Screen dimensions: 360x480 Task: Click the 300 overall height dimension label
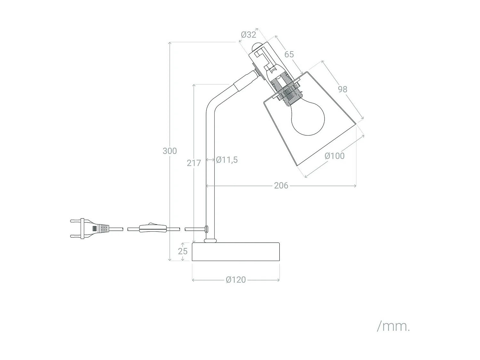coord(170,151)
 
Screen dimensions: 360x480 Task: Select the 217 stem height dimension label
coord(194,163)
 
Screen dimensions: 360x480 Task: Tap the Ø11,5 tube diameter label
coord(227,160)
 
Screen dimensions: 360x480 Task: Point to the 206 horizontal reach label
coord(281,186)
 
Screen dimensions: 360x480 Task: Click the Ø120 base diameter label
coord(236,280)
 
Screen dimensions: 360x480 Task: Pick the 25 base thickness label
coord(183,251)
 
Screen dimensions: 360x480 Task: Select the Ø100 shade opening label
coord(334,156)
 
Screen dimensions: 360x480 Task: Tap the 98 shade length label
coord(342,89)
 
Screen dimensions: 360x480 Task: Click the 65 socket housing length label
coord(289,54)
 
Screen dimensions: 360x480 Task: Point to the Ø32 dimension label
coord(249,35)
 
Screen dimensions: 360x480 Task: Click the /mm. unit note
coord(393,326)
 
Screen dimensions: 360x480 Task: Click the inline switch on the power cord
coord(152,228)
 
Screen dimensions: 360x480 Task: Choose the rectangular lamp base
coord(236,252)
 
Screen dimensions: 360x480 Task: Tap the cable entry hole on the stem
coord(206,228)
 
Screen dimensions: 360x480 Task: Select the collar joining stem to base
coord(210,240)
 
